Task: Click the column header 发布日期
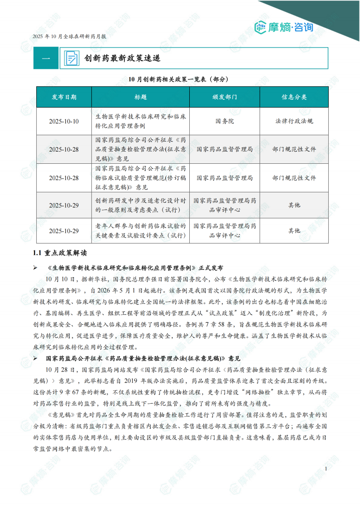click(64, 97)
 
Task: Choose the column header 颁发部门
click(224, 97)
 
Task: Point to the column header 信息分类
click(294, 97)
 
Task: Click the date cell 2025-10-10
click(64, 121)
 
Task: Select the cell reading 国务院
click(224, 121)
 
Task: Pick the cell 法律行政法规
click(294, 121)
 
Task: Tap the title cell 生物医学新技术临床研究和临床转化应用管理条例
click(140, 121)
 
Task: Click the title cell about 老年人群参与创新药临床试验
click(140, 230)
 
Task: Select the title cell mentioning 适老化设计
click(140, 205)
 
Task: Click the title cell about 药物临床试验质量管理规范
click(140, 178)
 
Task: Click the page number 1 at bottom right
click(326, 469)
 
